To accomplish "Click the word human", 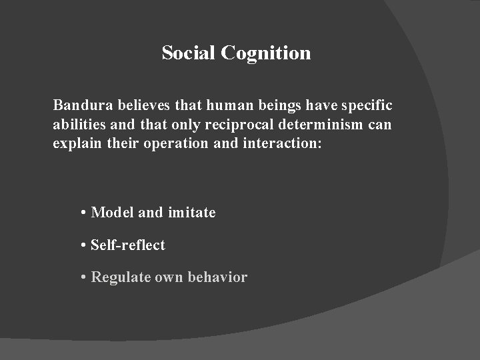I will click(225, 105).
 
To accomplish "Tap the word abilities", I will click(78, 125).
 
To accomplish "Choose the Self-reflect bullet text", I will click(127, 245).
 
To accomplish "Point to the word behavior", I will click(220, 277).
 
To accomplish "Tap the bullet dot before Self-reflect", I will click(83, 245).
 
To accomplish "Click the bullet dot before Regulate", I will click(83, 277).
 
